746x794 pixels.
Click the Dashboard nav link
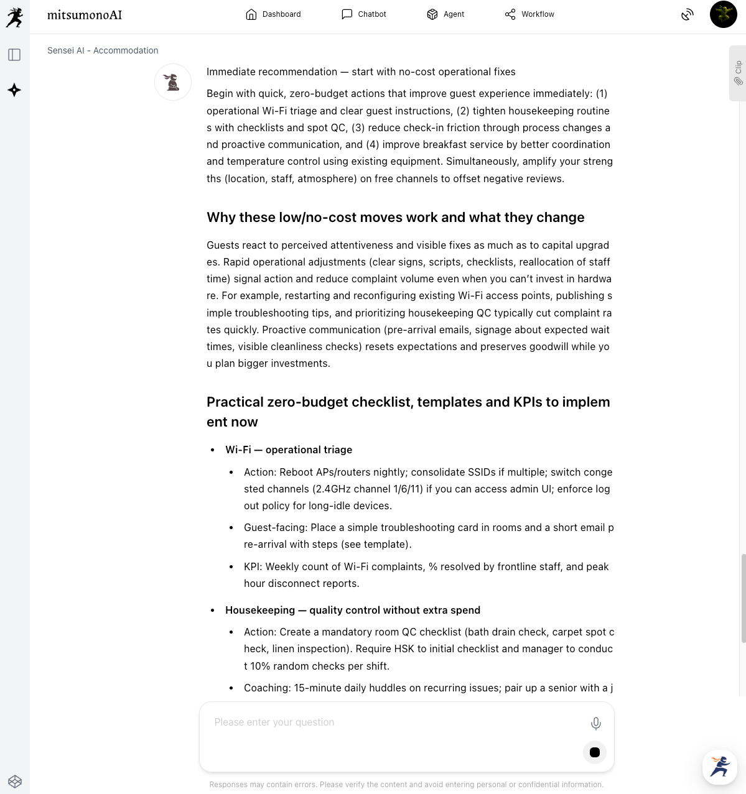coord(273,14)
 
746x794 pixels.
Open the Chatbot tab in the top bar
coord(364,14)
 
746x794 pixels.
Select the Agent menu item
coord(445,14)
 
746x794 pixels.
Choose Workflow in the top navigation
coord(529,14)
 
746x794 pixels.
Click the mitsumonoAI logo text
coord(85,15)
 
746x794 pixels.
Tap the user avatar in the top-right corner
coord(723,14)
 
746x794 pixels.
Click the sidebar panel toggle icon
coord(14,55)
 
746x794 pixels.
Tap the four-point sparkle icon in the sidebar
coord(14,90)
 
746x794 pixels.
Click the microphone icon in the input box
coord(595,723)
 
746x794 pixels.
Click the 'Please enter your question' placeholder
coord(274,722)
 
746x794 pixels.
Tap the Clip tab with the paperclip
coord(738,73)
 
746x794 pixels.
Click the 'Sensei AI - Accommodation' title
coord(103,50)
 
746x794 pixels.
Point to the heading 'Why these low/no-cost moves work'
coord(395,217)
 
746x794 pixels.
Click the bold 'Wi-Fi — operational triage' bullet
coord(289,450)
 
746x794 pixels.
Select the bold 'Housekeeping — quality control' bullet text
coord(353,610)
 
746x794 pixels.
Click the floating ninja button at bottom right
coord(720,767)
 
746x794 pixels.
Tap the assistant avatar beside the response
coord(173,82)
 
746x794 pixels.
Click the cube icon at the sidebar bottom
coord(14,781)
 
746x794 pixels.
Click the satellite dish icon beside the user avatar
coord(687,14)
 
